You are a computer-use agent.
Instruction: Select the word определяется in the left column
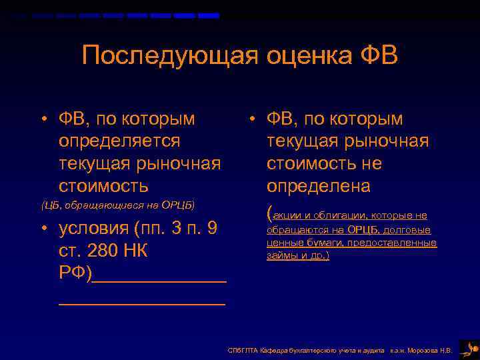point(119,141)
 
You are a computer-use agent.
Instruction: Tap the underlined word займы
point(281,255)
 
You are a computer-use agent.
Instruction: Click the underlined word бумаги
point(321,243)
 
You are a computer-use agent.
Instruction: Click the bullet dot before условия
point(42,229)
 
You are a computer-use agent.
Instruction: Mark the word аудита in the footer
point(373,350)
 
